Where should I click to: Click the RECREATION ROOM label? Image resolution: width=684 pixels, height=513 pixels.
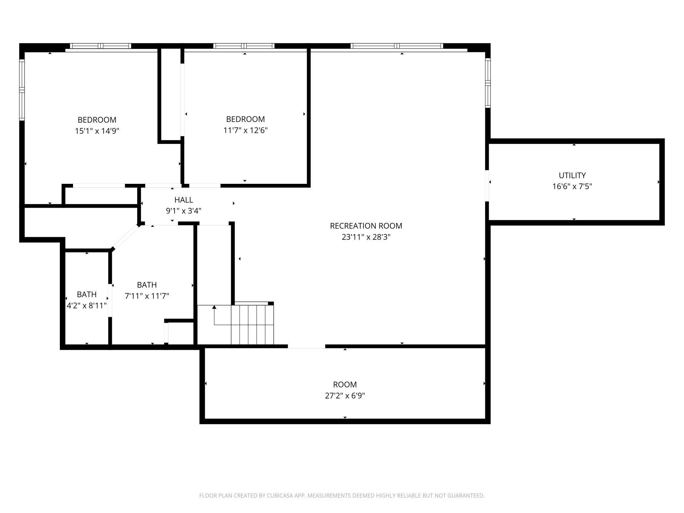tap(366, 226)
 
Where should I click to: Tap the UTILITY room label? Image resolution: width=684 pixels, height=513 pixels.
tap(572, 175)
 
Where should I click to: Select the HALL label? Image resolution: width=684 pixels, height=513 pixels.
tap(183, 200)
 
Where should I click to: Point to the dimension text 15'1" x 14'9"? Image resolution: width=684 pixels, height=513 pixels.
tap(97, 131)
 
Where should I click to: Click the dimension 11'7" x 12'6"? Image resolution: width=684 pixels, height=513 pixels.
tap(245, 130)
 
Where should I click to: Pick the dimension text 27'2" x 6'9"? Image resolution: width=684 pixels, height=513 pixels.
tap(345, 396)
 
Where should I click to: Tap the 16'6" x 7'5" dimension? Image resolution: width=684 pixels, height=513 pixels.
tap(572, 186)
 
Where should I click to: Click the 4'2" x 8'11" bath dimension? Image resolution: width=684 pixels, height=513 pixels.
tap(87, 305)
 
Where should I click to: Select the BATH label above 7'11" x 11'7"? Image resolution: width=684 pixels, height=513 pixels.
tap(147, 285)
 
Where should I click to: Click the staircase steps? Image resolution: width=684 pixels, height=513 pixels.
tap(252, 325)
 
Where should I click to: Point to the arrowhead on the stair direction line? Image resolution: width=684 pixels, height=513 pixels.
tap(214, 307)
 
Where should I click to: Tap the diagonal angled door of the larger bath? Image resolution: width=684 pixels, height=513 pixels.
tap(126, 237)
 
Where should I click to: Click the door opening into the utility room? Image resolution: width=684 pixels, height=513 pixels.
tap(487, 185)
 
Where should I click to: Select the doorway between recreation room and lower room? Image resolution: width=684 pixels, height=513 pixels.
tap(306, 346)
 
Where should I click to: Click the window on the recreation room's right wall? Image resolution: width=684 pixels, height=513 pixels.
tap(488, 83)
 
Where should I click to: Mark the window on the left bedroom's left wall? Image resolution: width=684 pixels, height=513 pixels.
tap(22, 90)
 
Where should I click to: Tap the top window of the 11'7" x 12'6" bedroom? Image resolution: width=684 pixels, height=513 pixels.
tap(244, 46)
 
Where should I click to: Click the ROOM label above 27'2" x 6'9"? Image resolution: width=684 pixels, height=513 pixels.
tap(345, 384)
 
